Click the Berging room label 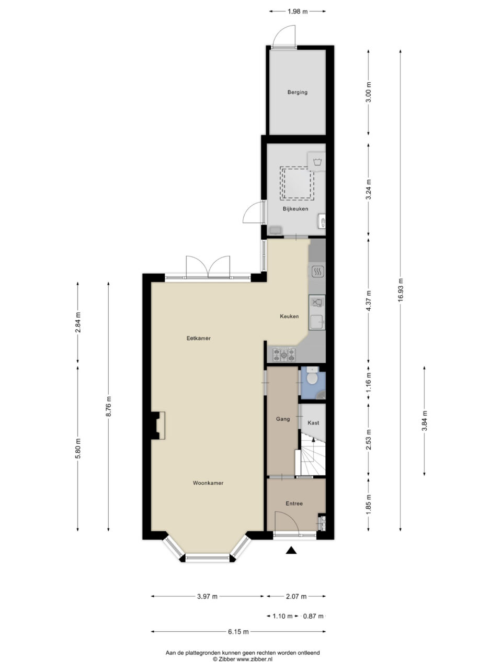coord(297,92)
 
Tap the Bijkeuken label coord(295,209)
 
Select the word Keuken coord(289,316)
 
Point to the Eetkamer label coord(198,338)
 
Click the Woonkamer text coord(208,483)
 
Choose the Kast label coord(313,423)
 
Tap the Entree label coord(294,504)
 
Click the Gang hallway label coord(283,419)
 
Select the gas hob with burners coord(284,354)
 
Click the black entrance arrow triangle coord(291,550)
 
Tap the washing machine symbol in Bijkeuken coord(317,161)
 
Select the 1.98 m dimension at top coord(298,12)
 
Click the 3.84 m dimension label coord(424,421)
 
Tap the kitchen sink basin coord(317,321)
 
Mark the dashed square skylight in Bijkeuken coord(297,183)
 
